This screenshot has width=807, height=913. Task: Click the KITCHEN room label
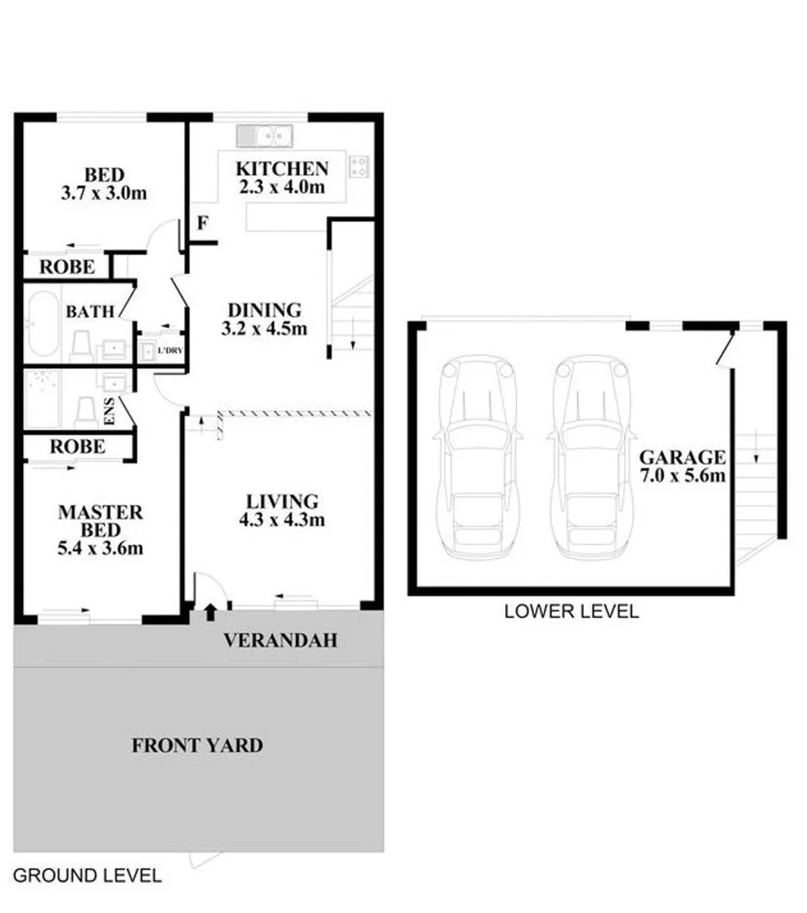point(282,168)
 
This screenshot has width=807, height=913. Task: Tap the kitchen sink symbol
point(264,135)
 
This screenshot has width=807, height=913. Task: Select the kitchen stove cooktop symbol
point(360,166)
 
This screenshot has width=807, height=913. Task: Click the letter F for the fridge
point(202,224)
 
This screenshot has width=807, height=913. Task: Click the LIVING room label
point(281,501)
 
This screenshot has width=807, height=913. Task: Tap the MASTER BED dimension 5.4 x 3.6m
point(100,549)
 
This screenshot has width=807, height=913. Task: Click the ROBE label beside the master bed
point(77,446)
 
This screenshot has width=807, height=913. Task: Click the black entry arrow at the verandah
point(210,611)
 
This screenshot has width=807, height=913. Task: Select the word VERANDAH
point(280,641)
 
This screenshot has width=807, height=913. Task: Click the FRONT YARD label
point(197,746)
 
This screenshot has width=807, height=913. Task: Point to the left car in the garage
point(477,456)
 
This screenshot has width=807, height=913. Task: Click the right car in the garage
point(591,456)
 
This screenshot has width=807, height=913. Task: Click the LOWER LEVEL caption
point(571,611)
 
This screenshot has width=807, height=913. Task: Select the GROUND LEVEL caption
point(86,875)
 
